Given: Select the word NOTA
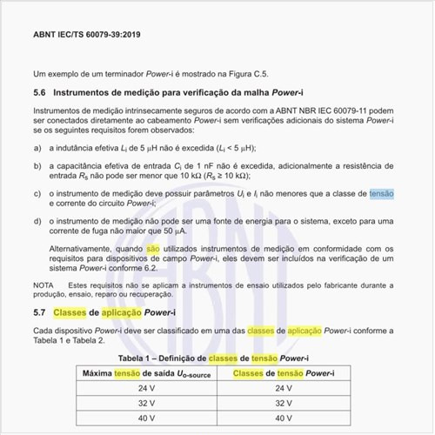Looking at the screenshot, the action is click(43, 285).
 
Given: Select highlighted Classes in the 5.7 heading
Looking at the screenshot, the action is click(69, 312).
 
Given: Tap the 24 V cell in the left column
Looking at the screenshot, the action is click(145, 389).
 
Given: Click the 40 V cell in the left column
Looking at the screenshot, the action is click(145, 418).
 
